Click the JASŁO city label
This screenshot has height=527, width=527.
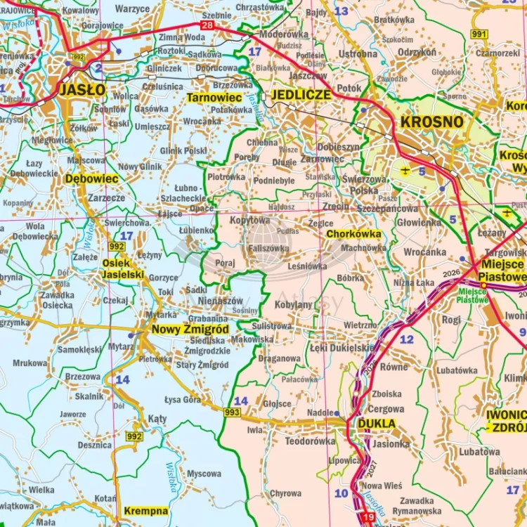(82, 89)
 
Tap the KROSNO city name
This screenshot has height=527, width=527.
(431, 122)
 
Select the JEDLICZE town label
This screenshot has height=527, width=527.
(301, 95)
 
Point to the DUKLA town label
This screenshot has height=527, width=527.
(376, 424)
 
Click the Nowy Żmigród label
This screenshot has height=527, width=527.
(190, 330)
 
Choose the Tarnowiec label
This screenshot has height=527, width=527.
(214, 98)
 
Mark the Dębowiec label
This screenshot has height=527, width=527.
(91, 179)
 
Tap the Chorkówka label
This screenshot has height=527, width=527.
(354, 234)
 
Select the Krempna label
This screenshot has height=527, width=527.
(145, 511)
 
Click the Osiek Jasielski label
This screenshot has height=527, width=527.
(123, 268)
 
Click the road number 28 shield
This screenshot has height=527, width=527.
(207, 26)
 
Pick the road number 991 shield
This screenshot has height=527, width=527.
(479, 34)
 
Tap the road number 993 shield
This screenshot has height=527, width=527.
(233, 412)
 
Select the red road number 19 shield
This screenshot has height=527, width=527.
(368, 518)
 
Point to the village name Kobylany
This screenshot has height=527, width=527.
(293, 305)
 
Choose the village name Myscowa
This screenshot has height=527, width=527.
(204, 474)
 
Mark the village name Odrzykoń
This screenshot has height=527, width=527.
(417, 51)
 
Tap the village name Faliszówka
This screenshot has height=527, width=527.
(267, 248)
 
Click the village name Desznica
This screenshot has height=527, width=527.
(95, 445)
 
